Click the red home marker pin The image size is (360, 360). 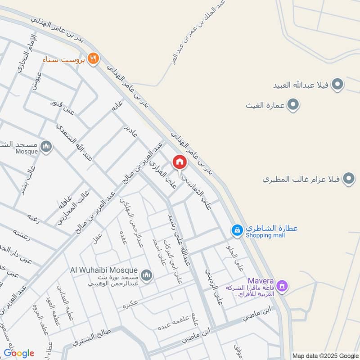179,162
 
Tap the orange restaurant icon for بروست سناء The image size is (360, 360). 93,58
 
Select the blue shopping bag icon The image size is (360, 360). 236,230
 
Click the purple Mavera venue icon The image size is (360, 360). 282,285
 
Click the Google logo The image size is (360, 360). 19,353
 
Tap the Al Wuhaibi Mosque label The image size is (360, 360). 104,270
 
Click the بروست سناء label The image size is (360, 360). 64,59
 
